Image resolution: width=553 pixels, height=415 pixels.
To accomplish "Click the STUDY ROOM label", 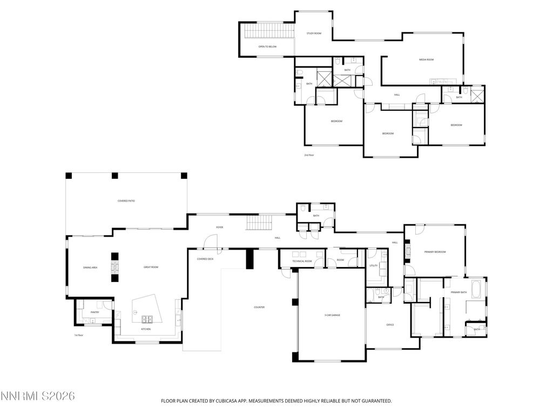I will point(314,34).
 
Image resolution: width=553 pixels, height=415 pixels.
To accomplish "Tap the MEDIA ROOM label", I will point(427,59).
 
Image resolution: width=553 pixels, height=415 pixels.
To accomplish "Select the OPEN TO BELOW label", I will point(267,47).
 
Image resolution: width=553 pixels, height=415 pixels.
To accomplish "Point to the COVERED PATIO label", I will point(126,201).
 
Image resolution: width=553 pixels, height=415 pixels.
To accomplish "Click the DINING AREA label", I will point(90,267).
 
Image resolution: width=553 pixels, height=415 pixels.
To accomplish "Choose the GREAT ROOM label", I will point(151,267).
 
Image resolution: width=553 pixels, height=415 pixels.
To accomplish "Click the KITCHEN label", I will point(146,329).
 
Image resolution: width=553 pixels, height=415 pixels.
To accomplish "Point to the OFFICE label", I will point(390,325).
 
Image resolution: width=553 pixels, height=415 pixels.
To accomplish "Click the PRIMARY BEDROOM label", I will point(435,252).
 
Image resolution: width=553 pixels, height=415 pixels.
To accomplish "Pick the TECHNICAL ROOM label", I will point(302,261).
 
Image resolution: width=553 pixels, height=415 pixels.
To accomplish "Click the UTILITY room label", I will point(373,266).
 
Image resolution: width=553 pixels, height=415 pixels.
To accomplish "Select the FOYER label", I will point(220,227).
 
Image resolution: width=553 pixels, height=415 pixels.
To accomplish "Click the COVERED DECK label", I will point(205,259).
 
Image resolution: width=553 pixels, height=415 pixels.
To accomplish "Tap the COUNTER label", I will point(259,307).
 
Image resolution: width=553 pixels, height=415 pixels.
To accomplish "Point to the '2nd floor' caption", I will point(309,155).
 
